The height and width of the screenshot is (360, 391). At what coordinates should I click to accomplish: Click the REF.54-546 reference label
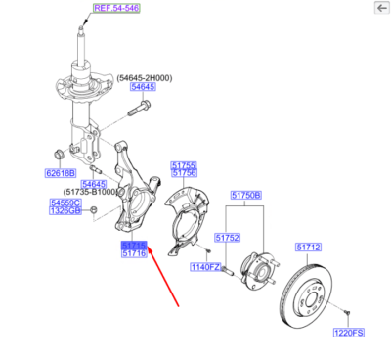[x=114, y=8]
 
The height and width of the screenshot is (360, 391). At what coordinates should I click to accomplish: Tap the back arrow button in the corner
[x=379, y=8]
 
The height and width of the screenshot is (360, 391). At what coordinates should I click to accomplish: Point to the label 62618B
[x=60, y=174]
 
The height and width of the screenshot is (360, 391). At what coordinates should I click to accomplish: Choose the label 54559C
[x=65, y=202]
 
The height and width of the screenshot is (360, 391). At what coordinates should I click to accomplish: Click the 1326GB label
[x=65, y=211]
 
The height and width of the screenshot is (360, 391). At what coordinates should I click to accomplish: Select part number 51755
[x=184, y=165]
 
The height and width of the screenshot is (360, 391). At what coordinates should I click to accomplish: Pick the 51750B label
[x=246, y=196]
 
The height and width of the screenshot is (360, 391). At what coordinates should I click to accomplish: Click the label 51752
[x=227, y=237]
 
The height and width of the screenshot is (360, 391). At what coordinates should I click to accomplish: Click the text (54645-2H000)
[x=147, y=77]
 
